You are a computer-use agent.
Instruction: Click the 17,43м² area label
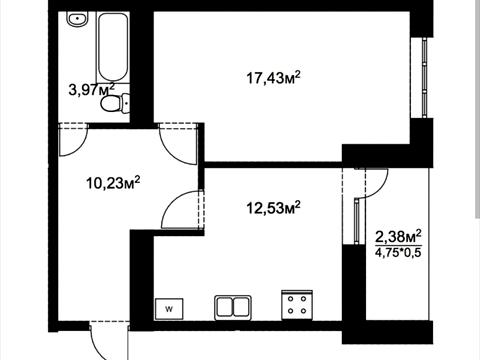tap(273, 78)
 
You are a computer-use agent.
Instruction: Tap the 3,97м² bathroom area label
tap(92, 90)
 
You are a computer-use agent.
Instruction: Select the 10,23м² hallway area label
tap(113, 183)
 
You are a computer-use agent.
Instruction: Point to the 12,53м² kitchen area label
tap(273, 208)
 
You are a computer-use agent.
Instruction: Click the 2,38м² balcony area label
tap(398, 237)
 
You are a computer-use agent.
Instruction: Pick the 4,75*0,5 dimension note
tap(398, 252)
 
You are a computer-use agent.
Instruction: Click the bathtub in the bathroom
tap(113, 47)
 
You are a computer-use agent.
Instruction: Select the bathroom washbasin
tap(77, 19)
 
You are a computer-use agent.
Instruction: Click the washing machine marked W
tap(169, 309)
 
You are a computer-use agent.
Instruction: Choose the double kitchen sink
tap(233, 307)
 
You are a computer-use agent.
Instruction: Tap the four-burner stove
tap(297, 305)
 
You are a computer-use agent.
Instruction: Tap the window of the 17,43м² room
tap(424, 77)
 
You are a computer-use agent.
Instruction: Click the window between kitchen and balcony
tap(356, 221)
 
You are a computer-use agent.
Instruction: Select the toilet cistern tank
tap(125, 104)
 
